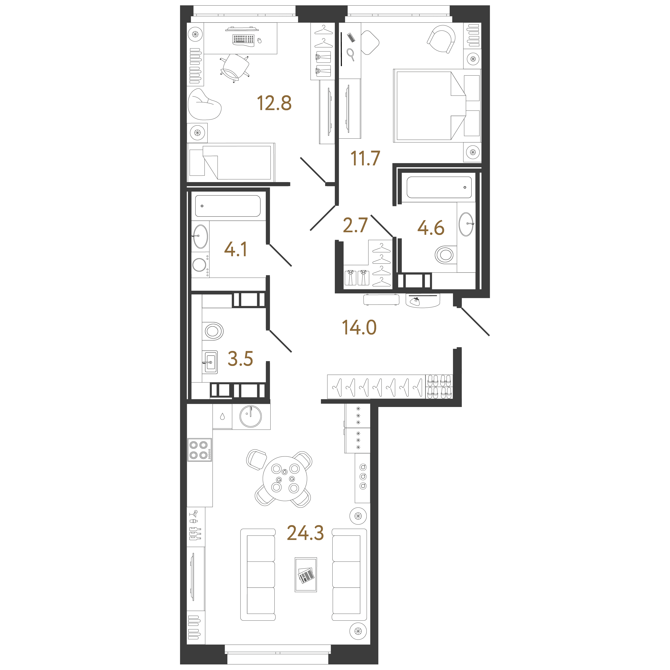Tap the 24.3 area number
305,533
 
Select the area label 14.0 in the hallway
359,327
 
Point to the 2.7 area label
355,225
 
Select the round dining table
285,479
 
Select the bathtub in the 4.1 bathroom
228,206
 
